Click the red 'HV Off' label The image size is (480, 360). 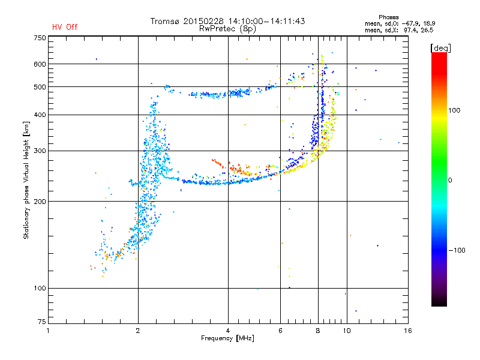point(65,27)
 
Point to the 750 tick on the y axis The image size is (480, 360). point(39,37)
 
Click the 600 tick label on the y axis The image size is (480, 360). point(39,64)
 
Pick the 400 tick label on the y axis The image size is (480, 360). point(39,115)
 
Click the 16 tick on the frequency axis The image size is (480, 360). point(407,331)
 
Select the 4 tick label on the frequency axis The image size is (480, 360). point(228,331)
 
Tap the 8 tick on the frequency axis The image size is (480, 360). point(318,331)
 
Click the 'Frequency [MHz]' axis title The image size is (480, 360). point(227,339)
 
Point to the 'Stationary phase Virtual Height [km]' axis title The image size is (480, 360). point(26,180)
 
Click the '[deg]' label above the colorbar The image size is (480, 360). point(441,47)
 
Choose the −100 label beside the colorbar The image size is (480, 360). point(457,250)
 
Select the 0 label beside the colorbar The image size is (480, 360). point(451,180)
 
